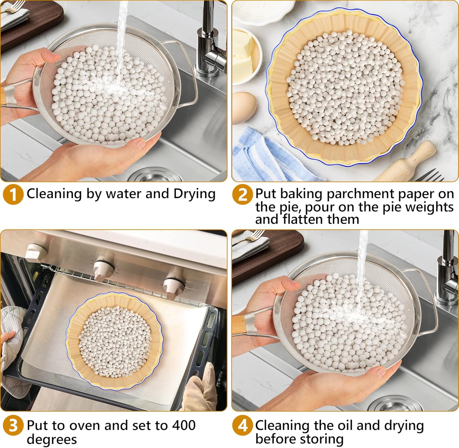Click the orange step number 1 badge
(13, 195)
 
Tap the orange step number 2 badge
(242, 195)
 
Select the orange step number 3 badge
(13, 426)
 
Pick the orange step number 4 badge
(242, 426)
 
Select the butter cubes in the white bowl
(245, 52)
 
